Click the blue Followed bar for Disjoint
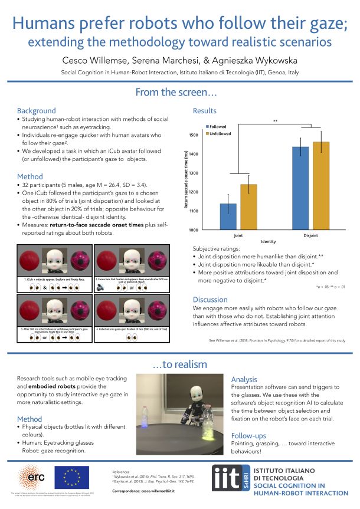point(300,188)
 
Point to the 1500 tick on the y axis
point(197,135)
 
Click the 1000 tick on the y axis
point(197,229)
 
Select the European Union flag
point(71,476)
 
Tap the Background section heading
point(37,110)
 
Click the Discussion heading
point(211,298)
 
